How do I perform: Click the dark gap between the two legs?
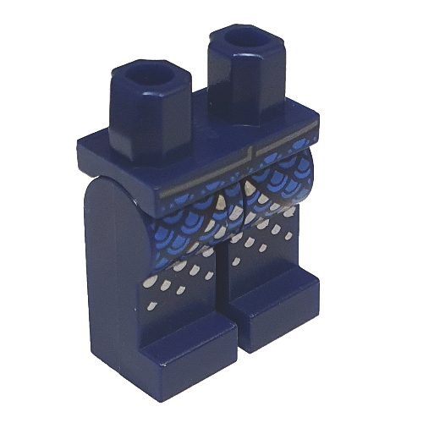click(x=222, y=279)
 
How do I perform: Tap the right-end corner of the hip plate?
click(x=320, y=131)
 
